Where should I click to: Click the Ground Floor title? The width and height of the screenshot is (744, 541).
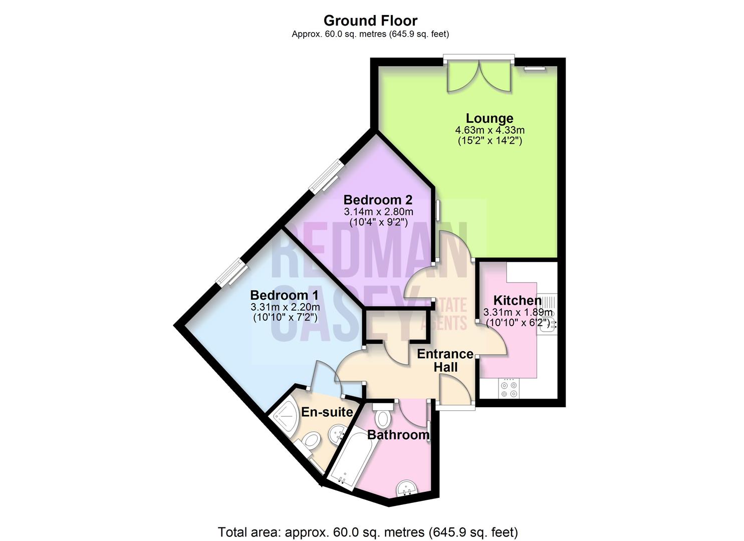(x=370, y=21)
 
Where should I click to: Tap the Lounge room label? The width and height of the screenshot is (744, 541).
(x=489, y=118)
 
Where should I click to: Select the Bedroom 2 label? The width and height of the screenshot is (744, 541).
(x=378, y=200)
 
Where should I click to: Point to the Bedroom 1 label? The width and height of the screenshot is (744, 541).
(x=285, y=295)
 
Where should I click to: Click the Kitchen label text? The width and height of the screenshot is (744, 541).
(x=517, y=301)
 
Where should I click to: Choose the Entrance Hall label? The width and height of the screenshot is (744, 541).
(x=445, y=361)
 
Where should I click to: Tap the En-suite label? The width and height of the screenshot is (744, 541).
(x=327, y=412)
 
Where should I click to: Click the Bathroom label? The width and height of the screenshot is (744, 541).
(x=398, y=435)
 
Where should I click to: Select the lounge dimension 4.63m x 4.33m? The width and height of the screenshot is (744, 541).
(x=489, y=130)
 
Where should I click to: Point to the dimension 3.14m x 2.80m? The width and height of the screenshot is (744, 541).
(x=378, y=212)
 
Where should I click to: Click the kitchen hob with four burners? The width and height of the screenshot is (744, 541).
(x=509, y=390)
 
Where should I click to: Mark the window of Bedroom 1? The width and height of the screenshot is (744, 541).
(x=232, y=273)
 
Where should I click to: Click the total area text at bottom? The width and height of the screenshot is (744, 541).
(x=368, y=531)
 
